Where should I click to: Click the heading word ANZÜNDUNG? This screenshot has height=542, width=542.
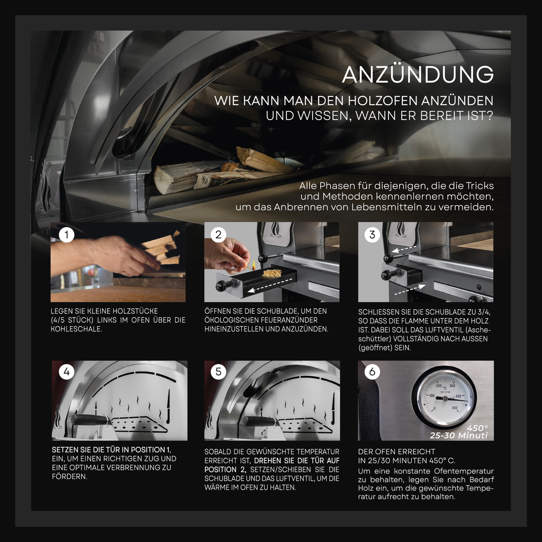tap(418, 74)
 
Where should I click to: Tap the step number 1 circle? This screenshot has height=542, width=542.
tap(67, 235)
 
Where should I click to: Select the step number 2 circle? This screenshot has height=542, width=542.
tap(219, 235)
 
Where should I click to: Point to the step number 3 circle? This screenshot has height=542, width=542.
tap(372, 235)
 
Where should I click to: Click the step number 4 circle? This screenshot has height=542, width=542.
tap(67, 372)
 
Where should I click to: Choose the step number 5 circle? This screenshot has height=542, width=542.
tap(219, 372)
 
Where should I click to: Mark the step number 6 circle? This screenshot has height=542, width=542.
tap(372, 372)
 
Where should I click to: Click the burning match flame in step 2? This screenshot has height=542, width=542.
tap(254, 265)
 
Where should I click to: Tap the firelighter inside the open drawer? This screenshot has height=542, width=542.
tap(272, 274)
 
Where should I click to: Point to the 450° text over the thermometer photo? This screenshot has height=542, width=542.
tap(477, 428)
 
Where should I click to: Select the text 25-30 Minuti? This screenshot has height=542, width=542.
tap(459, 436)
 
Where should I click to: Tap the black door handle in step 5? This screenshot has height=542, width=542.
tap(260, 421)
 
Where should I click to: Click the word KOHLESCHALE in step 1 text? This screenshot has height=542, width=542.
tap(76, 329)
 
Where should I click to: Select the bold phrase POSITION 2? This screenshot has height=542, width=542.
tap(225, 470)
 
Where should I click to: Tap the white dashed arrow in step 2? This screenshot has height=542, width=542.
tap(270, 285)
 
